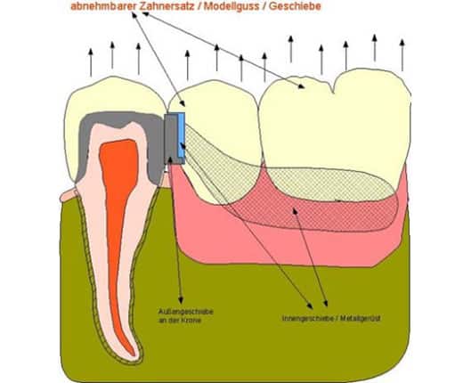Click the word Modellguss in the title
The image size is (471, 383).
pos(231,6)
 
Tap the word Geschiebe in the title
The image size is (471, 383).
pos(295,6)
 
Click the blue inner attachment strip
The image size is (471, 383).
pos(181,134)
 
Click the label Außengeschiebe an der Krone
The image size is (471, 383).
pos(186,315)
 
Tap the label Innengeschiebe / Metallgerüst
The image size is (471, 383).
pos(331,318)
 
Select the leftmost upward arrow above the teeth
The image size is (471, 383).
pos(91,62)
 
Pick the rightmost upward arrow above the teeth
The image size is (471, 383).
pos(402,55)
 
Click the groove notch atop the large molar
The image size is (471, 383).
pos(333,89)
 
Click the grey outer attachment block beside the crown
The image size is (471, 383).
pos(171,139)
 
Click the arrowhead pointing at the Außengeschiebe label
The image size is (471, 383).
pos(181,300)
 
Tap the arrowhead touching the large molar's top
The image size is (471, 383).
pos(301,86)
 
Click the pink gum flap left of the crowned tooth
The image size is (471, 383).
pos(69,195)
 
